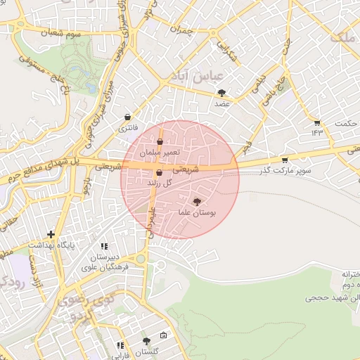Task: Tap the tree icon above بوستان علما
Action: click(196, 201)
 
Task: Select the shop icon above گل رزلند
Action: click(159, 172)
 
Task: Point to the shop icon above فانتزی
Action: click(127, 117)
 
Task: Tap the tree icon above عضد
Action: click(222, 93)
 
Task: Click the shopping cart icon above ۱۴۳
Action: click(317, 122)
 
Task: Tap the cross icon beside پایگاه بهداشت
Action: click(51, 234)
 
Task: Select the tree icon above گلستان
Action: click(146, 341)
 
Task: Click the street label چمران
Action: click(179, 32)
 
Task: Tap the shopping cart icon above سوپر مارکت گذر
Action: click(284, 160)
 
